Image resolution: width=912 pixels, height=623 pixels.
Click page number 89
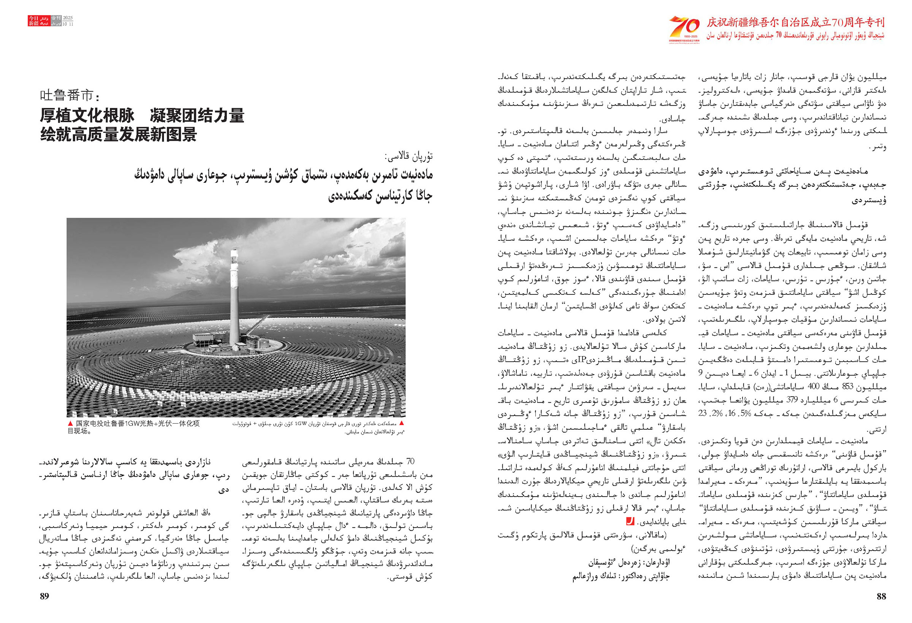[44, 596]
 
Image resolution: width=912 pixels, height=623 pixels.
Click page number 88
[881, 596]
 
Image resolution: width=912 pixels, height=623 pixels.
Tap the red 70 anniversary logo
[684, 28]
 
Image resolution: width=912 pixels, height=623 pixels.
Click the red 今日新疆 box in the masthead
[33, 21]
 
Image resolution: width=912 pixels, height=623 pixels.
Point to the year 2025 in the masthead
[68, 18]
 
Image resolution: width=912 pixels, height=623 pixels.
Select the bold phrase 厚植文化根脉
[87, 115]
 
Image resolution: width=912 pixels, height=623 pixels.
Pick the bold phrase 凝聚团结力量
[197, 115]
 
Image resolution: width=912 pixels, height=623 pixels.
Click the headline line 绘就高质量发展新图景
[119, 134]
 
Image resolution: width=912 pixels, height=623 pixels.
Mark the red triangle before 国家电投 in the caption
[70, 423]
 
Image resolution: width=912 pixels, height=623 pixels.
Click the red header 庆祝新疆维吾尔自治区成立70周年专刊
[795, 22]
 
